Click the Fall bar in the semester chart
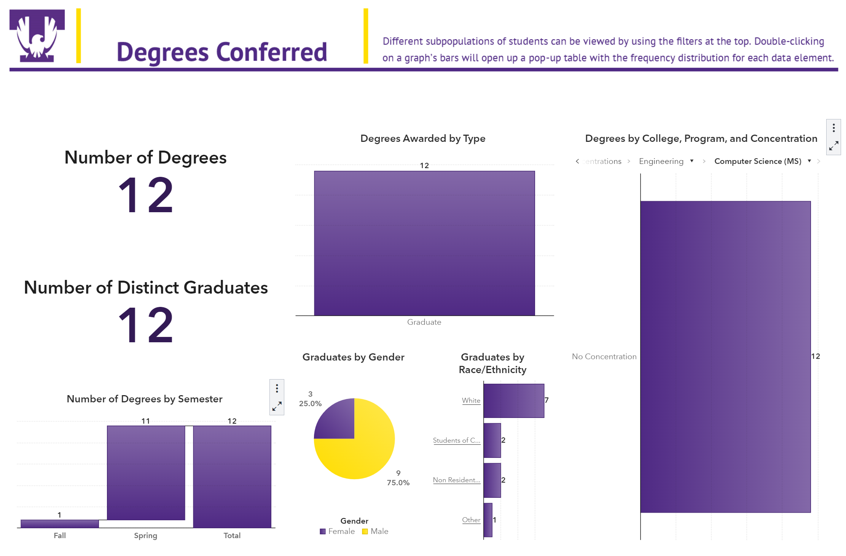[60, 524]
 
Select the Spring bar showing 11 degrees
[146, 472]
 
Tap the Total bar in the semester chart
[232, 476]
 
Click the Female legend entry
[338, 531]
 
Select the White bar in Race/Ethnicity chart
[513, 401]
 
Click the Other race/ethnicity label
[471, 520]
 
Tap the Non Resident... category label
[456, 480]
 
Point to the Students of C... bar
[492, 440]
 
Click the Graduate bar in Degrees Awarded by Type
[424, 243]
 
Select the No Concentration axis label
[604, 356]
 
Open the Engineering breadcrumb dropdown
[692, 161]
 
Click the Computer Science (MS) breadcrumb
[757, 161]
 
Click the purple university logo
[37, 36]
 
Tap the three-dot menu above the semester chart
[277, 388]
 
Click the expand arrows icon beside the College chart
[833, 146]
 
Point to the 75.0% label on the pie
[398, 483]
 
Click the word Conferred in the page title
[272, 52]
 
